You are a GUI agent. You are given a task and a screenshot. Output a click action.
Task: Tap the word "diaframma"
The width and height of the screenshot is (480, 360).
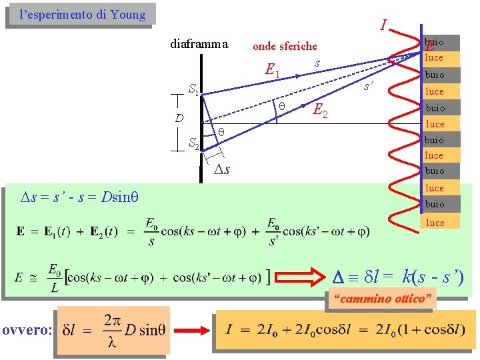[x=199, y=45]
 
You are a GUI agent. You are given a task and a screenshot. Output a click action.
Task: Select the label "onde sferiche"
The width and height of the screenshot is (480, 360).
[x=285, y=46]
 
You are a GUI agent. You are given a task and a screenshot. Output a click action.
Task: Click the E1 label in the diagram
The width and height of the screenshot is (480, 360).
[x=272, y=69]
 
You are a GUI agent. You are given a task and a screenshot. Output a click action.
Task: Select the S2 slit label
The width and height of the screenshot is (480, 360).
[x=193, y=143]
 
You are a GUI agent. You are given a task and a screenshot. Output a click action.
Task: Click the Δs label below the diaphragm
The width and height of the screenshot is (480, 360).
[x=221, y=169]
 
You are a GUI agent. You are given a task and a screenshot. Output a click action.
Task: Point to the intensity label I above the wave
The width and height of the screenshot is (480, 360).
[x=383, y=26]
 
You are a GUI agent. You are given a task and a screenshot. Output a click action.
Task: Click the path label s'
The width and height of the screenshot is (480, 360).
[x=367, y=87]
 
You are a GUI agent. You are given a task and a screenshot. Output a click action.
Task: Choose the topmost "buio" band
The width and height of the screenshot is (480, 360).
[x=435, y=41]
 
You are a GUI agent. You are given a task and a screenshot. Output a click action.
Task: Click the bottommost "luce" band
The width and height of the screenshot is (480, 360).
[x=435, y=223]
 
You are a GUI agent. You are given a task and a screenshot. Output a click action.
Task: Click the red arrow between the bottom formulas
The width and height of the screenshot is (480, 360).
[x=193, y=329]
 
